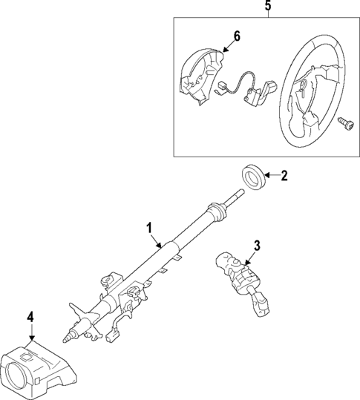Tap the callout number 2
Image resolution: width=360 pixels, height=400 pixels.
point(284,176)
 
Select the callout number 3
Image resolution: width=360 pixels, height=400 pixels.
point(257,244)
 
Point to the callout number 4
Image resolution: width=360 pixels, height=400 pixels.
point(30,318)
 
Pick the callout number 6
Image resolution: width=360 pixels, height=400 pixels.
point(237,36)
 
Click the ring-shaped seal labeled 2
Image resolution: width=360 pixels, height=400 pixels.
point(255,177)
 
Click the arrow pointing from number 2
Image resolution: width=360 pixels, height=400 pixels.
point(271,176)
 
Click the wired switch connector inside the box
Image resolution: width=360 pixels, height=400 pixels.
point(256,94)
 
